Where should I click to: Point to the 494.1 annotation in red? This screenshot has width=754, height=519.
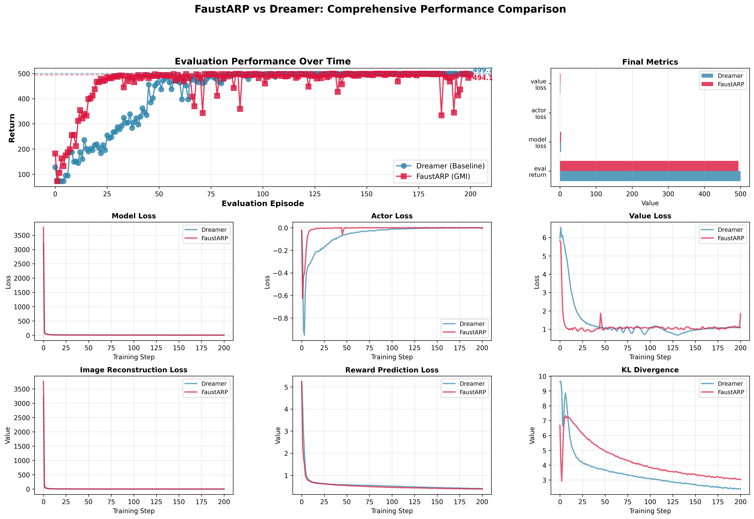[x=483, y=78]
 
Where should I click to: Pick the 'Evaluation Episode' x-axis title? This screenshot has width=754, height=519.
[x=263, y=204]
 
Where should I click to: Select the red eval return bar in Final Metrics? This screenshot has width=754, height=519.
[x=649, y=166]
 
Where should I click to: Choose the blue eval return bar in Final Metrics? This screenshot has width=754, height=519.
[x=650, y=176]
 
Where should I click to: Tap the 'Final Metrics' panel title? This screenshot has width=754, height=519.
[x=650, y=62]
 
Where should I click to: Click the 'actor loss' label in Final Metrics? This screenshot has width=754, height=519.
[x=539, y=113]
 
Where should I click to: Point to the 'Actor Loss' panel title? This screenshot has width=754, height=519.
[x=392, y=216]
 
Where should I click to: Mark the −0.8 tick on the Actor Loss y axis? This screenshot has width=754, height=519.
[x=280, y=318]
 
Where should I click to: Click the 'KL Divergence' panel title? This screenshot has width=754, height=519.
[x=650, y=370]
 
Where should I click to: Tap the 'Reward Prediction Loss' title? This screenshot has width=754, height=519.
[x=392, y=370]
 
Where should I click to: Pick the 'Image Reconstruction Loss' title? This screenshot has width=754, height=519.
[x=134, y=370]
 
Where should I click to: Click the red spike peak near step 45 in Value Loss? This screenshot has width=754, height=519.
[x=600, y=313]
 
